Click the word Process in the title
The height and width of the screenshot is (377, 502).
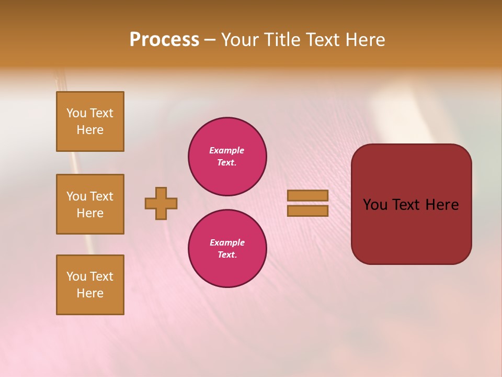tap(164, 40)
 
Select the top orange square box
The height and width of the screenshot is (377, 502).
tap(90, 121)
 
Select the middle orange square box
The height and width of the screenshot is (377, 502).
tap(90, 204)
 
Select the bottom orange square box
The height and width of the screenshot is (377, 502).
tap(90, 285)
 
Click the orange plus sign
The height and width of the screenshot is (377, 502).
tap(161, 203)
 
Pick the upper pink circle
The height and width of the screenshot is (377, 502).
tap(227, 157)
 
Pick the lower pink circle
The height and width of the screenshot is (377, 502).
tap(227, 249)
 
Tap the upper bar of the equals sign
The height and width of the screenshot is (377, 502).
tap(307, 195)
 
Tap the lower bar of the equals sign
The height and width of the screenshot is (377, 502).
tap(307, 211)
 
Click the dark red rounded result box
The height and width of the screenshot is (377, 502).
tap(411, 230)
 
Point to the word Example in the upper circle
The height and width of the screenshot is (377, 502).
tap(227, 150)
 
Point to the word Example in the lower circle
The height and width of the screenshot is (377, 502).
tap(227, 242)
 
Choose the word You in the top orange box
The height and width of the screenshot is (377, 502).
tap(76, 113)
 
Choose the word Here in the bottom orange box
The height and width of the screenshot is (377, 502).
tap(90, 293)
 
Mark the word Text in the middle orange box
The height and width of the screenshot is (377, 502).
tap(102, 196)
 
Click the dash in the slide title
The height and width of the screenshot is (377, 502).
tap(210, 40)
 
